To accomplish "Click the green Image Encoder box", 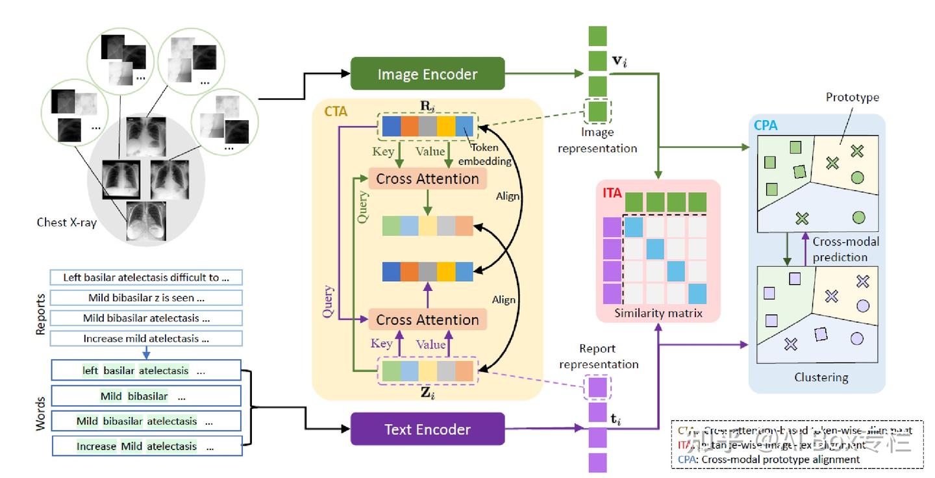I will [x=427, y=73].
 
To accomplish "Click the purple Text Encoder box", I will [x=427, y=429].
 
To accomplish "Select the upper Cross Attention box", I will [x=427, y=179].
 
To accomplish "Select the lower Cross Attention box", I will [x=427, y=320].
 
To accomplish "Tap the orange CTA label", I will [x=335, y=112].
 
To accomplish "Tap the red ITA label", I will [x=612, y=192].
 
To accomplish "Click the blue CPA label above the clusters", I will [x=766, y=125].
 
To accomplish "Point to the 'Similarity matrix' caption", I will [x=659, y=313].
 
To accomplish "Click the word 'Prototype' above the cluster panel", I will [x=852, y=97].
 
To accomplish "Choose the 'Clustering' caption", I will [x=821, y=377].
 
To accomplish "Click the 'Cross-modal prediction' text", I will [x=845, y=249].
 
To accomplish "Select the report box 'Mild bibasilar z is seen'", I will [x=146, y=298].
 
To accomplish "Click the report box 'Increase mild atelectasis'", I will [x=146, y=338].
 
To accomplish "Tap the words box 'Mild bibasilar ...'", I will [x=145, y=396].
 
